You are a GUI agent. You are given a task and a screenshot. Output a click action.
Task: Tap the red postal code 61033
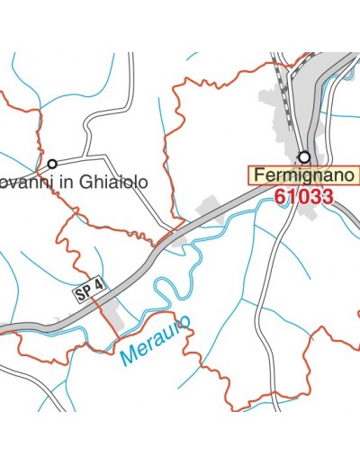point(305,195)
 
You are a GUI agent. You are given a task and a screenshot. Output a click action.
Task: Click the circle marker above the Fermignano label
point(305,156)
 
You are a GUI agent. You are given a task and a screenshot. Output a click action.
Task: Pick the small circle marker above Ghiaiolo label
point(52,164)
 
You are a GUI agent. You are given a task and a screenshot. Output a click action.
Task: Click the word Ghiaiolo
point(112,181)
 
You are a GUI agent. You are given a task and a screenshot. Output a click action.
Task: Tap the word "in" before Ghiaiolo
point(64,181)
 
